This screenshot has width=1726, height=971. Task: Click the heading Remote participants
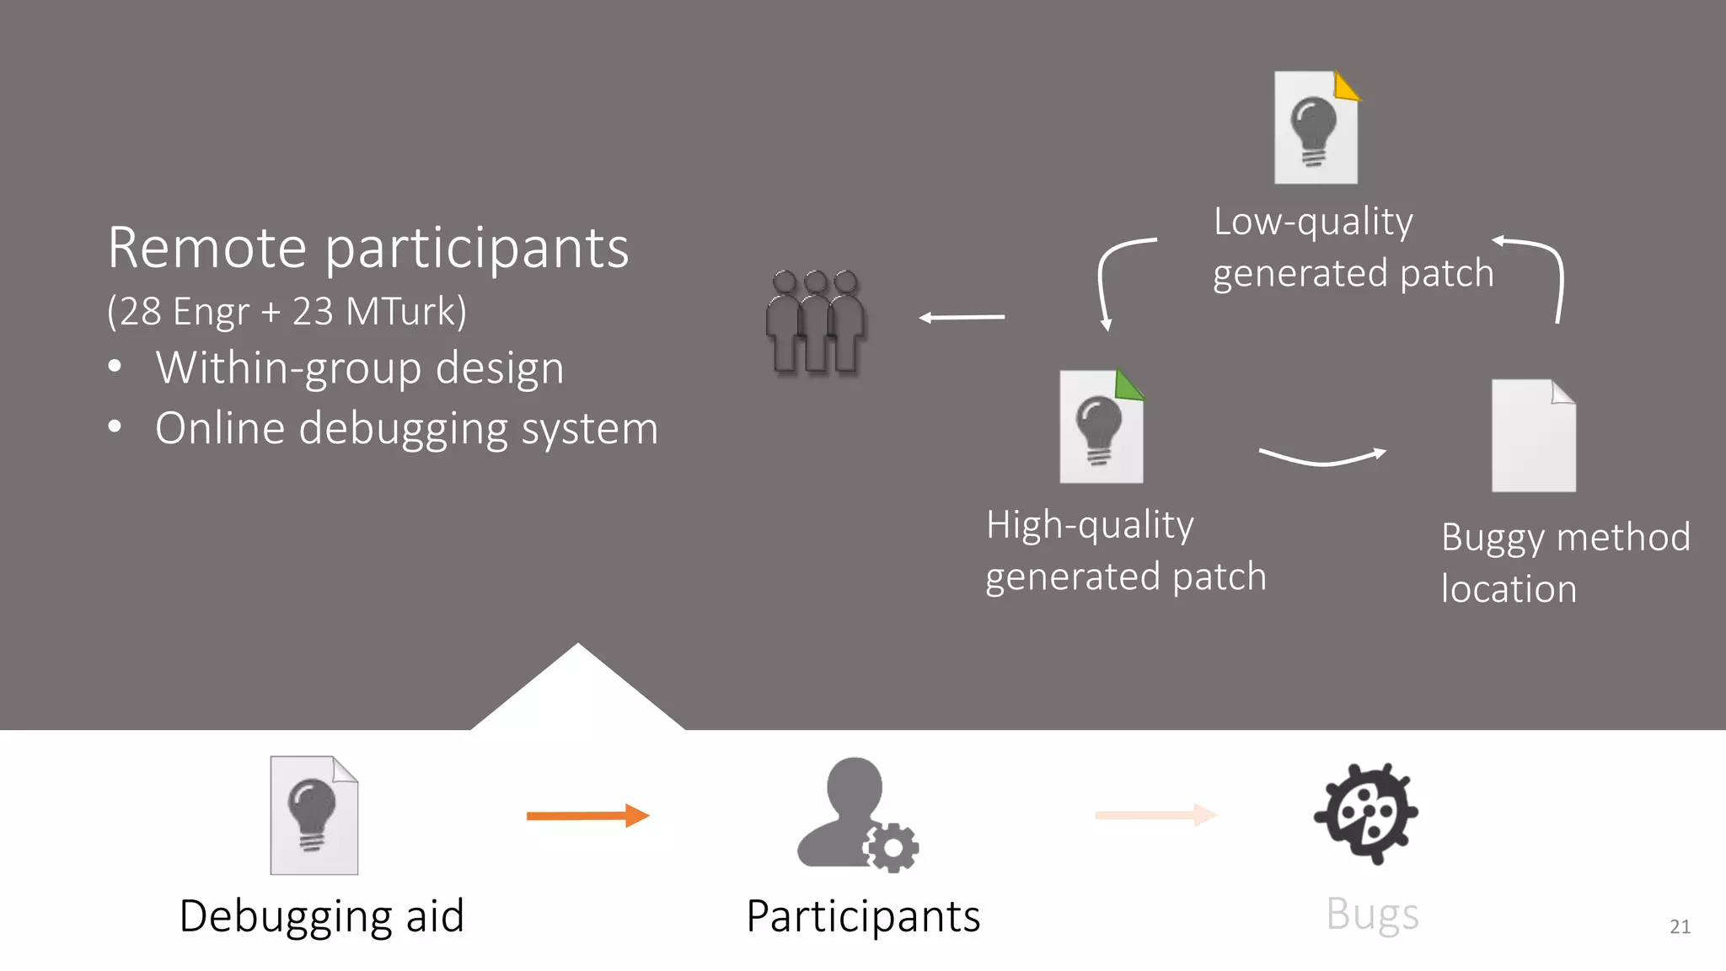coord(368,249)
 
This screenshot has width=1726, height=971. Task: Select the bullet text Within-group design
coord(360,368)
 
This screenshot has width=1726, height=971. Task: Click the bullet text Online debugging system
coord(406,429)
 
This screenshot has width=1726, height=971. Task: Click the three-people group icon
coord(815,322)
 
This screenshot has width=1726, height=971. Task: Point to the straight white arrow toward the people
coord(962,318)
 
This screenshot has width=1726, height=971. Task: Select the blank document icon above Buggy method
coord(1532,436)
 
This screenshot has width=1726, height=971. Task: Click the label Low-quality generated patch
coord(1352,248)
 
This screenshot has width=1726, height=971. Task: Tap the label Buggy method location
coord(1564,563)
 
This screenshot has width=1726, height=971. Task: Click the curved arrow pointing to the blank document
coord(1321,458)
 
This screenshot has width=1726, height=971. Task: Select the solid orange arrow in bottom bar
coord(587,816)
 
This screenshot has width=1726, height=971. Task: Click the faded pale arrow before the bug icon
coord(1155,815)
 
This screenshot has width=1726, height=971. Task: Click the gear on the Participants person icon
coord(892,847)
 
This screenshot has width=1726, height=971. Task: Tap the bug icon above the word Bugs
coord(1366,813)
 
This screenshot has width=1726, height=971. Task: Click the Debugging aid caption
coord(322,917)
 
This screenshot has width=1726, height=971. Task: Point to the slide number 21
coord(1680,927)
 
